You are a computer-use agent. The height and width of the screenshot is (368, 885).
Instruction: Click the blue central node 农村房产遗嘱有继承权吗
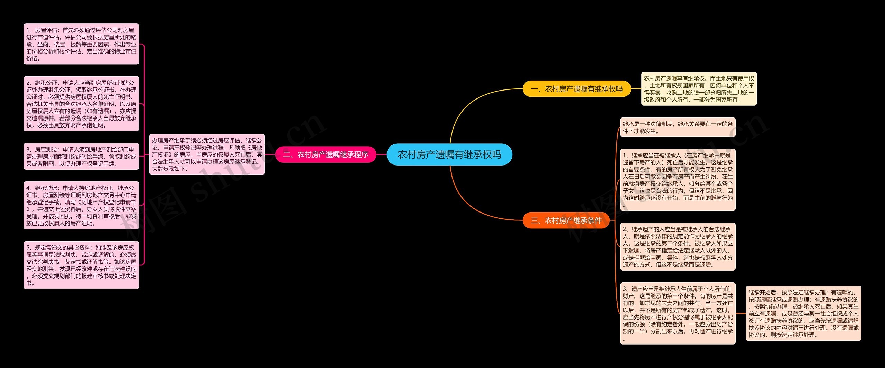[x=449, y=154]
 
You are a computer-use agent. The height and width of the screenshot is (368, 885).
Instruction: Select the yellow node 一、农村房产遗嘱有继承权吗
[x=577, y=89]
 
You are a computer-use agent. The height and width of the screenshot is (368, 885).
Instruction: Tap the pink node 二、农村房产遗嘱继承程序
[x=326, y=154]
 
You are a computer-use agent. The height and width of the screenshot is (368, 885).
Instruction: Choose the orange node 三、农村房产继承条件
[x=566, y=220]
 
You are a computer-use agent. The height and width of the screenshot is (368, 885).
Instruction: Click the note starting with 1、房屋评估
[x=81, y=44]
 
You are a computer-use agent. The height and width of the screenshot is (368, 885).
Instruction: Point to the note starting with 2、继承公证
[x=81, y=104]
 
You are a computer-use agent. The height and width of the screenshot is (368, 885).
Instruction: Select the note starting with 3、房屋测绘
[x=81, y=156]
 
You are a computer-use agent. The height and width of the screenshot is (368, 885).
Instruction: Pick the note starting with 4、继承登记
[x=81, y=206]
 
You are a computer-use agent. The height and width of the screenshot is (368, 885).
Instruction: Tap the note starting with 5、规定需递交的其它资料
[x=81, y=265]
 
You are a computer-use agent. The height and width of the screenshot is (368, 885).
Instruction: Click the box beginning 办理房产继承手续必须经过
[x=207, y=154]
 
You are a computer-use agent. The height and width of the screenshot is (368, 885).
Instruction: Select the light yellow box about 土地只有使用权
[x=699, y=89]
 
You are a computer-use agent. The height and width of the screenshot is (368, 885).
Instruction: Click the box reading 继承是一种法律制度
[x=678, y=127]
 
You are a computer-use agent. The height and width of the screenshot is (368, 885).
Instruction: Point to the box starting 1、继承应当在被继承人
[x=678, y=180]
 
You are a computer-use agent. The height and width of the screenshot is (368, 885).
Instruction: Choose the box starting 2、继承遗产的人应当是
[x=678, y=247]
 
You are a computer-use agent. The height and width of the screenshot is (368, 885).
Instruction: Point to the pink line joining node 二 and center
[x=381, y=154]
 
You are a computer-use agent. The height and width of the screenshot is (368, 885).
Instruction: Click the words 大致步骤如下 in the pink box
[x=169, y=169]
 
